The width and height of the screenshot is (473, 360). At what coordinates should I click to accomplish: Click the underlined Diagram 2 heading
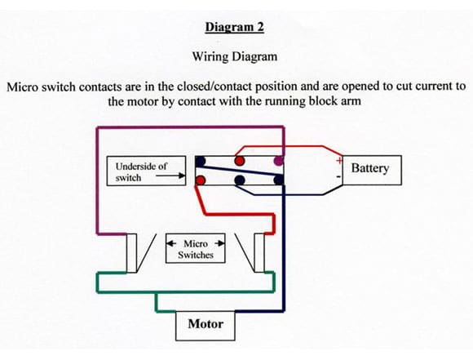[x=235, y=27]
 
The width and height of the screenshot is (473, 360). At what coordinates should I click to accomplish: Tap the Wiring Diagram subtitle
[x=235, y=56]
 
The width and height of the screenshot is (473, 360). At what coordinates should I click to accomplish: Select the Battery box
[x=372, y=170]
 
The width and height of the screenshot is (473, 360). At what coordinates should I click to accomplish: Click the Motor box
[x=206, y=326]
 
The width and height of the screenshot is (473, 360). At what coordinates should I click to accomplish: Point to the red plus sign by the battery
[x=339, y=160]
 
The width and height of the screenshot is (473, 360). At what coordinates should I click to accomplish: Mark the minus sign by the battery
[x=338, y=176]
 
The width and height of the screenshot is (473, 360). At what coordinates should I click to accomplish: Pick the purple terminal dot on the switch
[x=279, y=161]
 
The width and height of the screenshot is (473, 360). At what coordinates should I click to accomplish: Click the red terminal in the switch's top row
[x=240, y=161]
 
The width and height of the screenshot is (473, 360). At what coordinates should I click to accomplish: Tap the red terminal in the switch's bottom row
[x=201, y=180]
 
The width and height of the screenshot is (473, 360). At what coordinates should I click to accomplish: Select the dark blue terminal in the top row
[x=200, y=161]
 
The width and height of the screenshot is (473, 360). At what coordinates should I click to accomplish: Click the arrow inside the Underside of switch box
[x=170, y=176]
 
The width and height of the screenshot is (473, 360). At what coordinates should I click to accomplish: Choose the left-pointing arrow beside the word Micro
[x=172, y=243]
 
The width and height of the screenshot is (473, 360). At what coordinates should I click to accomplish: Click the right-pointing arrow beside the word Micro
[x=219, y=243]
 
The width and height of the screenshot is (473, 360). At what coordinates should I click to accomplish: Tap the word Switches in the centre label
[x=196, y=255]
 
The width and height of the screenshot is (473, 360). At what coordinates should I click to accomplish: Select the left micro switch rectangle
[x=131, y=253]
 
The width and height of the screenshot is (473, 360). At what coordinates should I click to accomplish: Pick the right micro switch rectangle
[x=259, y=253]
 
